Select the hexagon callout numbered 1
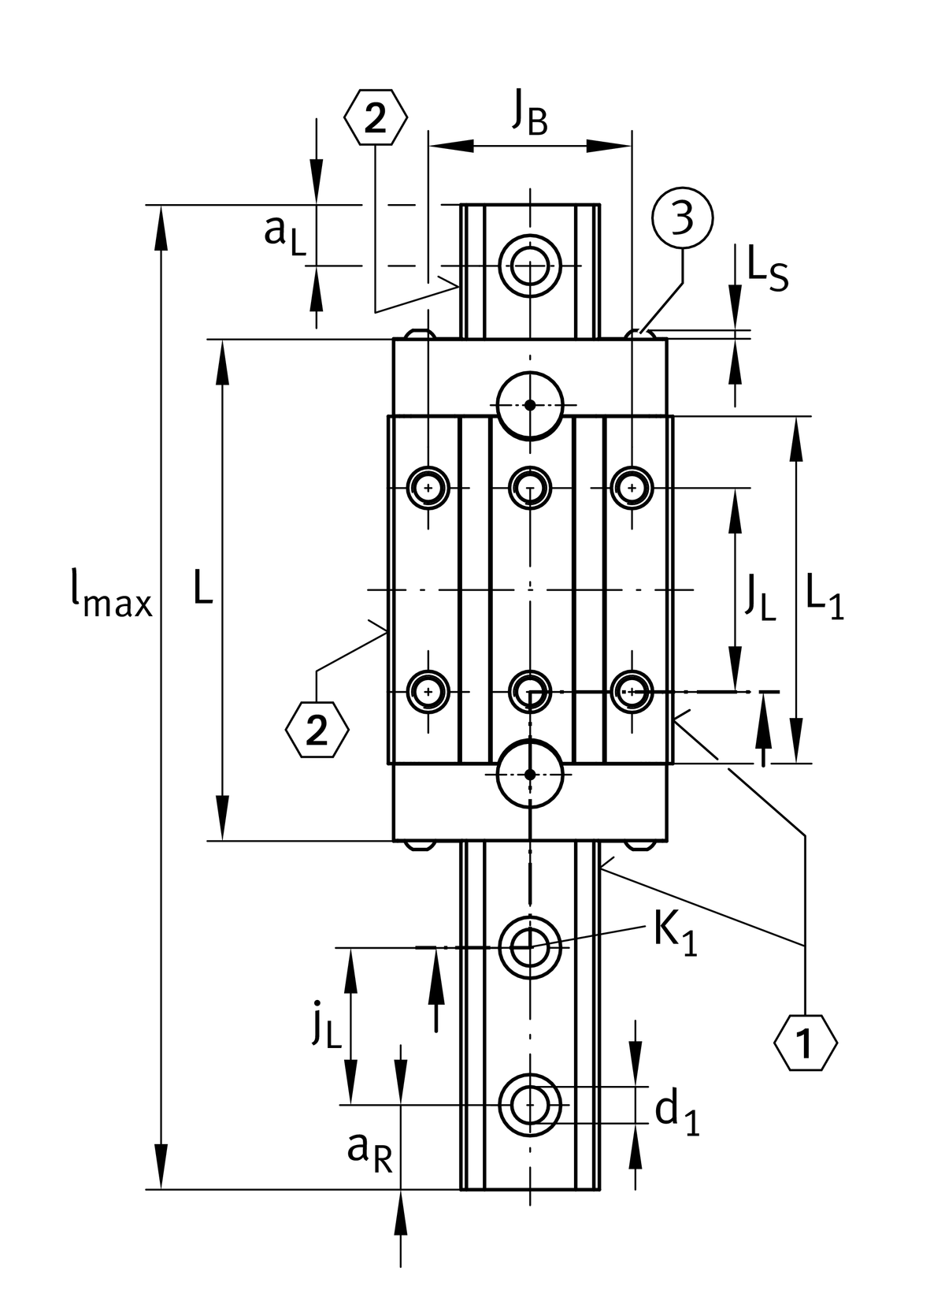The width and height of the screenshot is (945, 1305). click(805, 1044)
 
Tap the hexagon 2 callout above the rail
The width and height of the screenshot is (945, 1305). click(376, 119)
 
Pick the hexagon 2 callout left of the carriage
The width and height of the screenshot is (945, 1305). click(317, 732)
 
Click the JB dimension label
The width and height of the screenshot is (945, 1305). click(529, 113)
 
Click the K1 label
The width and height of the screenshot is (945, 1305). click(675, 935)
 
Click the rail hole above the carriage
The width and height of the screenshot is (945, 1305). click(530, 266)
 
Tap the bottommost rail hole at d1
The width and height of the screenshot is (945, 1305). click(530, 1105)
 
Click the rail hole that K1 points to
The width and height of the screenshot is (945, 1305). click(530, 946)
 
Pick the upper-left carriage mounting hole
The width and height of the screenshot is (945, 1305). click(428, 487)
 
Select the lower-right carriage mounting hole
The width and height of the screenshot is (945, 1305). click(632, 691)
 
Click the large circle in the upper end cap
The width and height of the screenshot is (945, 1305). click(530, 405)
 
